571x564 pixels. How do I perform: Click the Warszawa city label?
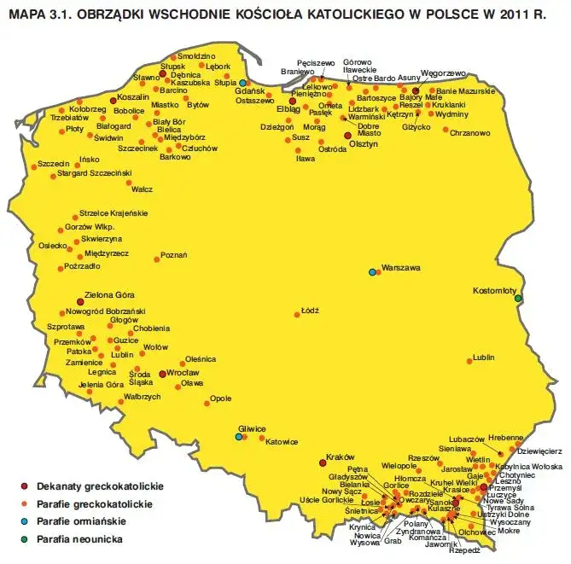[x=402, y=268]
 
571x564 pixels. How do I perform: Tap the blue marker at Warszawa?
[x=372, y=272]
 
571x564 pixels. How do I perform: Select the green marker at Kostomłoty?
[x=517, y=299]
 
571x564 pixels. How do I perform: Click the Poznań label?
[x=174, y=254]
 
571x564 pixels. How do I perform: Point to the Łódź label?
[x=310, y=311]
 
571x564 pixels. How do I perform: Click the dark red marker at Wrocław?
[x=162, y=374]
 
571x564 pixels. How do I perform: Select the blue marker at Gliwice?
[x=239, y=437]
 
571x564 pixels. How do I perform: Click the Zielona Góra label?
[x=109, y=295]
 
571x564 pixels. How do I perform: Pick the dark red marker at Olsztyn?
[x=347, y=136]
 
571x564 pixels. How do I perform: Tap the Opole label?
[x=221, y=398]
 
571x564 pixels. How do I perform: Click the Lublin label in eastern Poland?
[x=483, y=358]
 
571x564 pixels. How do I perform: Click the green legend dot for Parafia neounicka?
[x=24, y=539]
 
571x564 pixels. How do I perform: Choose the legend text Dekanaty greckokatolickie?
[x=99, y=486]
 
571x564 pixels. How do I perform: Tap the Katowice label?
[x=282, y=442]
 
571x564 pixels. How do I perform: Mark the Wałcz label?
[x=142, y=189]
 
